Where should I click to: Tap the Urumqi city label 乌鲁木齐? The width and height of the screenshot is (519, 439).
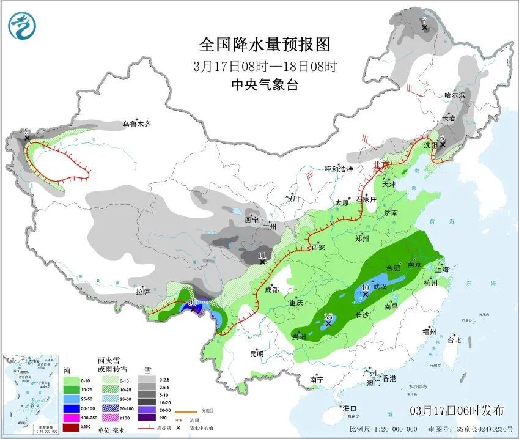pos(136,124)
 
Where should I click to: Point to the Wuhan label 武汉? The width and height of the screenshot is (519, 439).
pos(380,287)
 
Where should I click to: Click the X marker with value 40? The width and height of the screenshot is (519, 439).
pos(366,294)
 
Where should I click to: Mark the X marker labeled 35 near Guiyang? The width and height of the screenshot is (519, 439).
pos(328,323)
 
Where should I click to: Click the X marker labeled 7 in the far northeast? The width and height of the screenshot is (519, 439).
pos(424,28)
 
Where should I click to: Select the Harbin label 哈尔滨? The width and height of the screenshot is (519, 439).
pos(455,95)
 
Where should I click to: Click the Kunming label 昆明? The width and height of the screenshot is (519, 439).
pos(257,353)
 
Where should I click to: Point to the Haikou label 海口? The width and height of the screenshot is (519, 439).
pos(349,408)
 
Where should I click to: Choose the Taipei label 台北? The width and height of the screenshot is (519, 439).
pos(454,340)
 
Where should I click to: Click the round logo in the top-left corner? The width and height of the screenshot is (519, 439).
pos(22,26)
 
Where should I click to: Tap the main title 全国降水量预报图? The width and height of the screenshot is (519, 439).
pos(265,45)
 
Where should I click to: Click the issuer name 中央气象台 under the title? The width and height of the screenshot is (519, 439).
pos(265,85)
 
